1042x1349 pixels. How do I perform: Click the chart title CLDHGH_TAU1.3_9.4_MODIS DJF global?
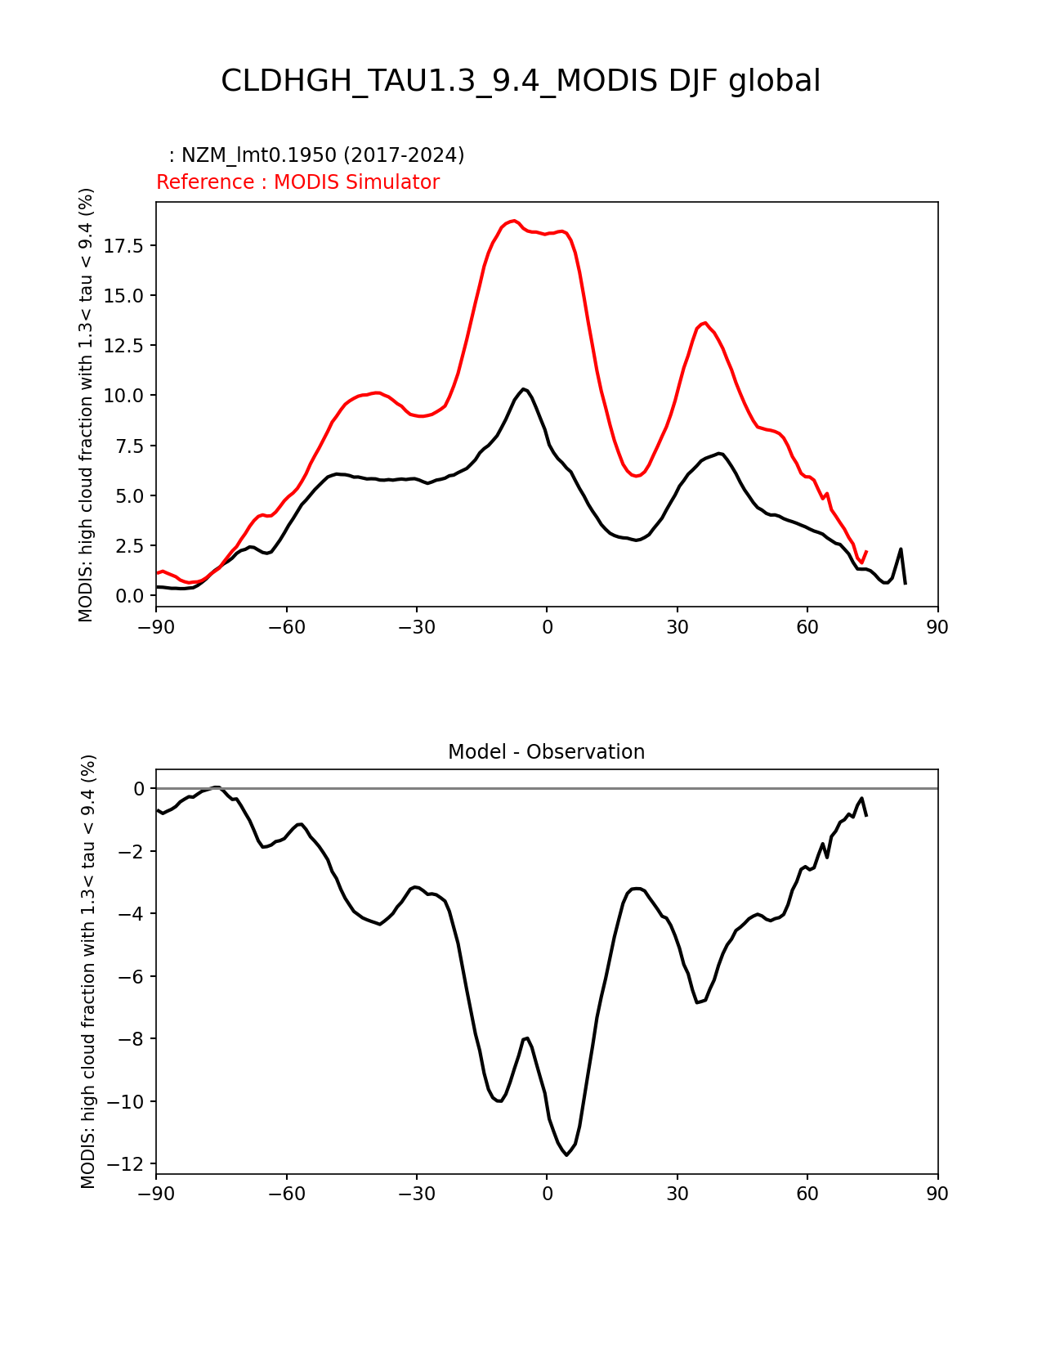(x=521, y=81)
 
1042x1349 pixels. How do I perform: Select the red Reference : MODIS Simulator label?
(x=297, y=182)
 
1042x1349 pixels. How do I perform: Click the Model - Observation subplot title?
(x=546, y=752)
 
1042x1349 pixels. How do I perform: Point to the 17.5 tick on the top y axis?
(x=124, y=246)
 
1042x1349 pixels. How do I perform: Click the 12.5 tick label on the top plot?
(x=124, y=346)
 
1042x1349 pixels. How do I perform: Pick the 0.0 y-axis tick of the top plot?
(x=129, y=595)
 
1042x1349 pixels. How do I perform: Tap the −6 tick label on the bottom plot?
(x=132, y=976)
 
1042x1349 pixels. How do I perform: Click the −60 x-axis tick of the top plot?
(x=287, y=627)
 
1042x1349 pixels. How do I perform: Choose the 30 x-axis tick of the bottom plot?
(x=677, y=1194)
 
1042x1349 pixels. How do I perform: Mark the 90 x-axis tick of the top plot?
(x=937, y=627)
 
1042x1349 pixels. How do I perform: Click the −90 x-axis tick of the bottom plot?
(x=156, y=1194)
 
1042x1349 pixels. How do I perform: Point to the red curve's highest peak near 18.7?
(x=513, y=221)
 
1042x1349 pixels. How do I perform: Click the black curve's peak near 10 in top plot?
(x=524, y=389)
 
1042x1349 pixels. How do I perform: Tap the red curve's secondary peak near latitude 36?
(x=704, y=323)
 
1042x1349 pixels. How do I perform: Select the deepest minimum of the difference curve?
(x=567, y=1154)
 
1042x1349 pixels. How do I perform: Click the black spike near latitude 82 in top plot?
(x=901, y=549)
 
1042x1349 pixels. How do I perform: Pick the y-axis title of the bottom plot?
(x=88, y=971)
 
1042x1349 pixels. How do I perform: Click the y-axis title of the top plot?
(x=87, y=405)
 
